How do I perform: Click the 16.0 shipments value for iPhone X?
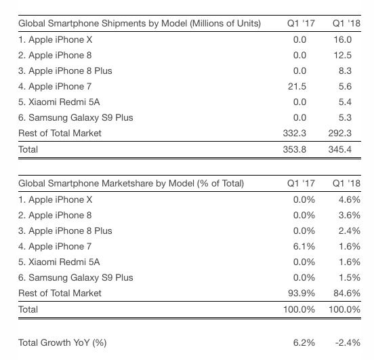point(343,39)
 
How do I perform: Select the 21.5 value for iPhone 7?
point(297,86)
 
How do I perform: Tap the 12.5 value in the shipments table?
point(343,55)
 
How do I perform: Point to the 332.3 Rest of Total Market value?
point(295,133)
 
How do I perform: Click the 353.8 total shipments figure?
point(295,149)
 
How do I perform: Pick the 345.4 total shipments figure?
point(340,149)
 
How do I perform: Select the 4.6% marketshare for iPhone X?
point(350,199)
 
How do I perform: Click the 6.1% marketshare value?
point(304,246)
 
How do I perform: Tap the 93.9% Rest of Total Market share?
point(302,293)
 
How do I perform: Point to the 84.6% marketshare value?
point(347,293)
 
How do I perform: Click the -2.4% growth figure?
point(348,343)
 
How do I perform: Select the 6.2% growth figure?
point(304,343)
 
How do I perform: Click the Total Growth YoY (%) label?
point(62,343)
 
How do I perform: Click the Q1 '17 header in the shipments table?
point(301,24)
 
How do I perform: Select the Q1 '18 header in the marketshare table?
point(347,183)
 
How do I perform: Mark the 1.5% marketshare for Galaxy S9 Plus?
point(350,277)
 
